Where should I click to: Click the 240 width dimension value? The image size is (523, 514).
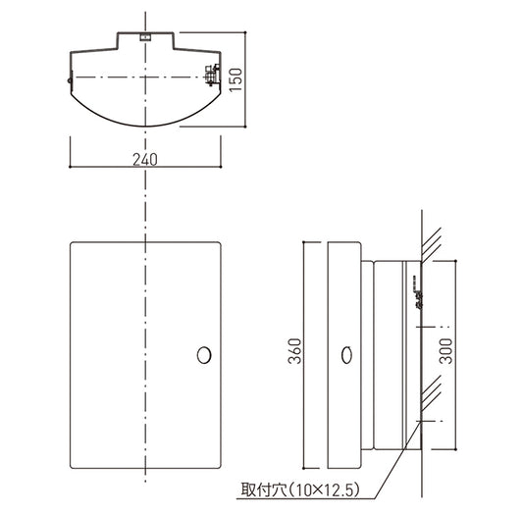145,159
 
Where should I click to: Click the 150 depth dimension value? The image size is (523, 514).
235,79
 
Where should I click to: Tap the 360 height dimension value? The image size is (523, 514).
294,351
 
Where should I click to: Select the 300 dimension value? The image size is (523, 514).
445,351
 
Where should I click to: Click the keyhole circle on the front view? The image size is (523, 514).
204,355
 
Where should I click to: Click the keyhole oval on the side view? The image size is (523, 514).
347,355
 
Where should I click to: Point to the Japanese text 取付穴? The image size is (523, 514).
264,489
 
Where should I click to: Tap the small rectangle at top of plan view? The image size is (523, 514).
145,36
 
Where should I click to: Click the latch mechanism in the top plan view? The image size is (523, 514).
213,75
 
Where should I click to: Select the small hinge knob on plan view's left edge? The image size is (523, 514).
69,80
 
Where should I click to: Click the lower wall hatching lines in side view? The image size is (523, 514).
432,393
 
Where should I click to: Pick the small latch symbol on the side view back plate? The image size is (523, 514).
418,292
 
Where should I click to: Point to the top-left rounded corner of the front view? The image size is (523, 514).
72,243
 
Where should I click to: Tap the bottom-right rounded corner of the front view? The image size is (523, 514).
219,466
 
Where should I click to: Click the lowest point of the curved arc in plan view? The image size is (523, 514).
145,127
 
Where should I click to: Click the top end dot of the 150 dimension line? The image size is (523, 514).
245,32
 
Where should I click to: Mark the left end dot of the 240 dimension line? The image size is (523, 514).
70,167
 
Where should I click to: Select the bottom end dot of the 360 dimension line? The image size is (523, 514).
303,468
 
